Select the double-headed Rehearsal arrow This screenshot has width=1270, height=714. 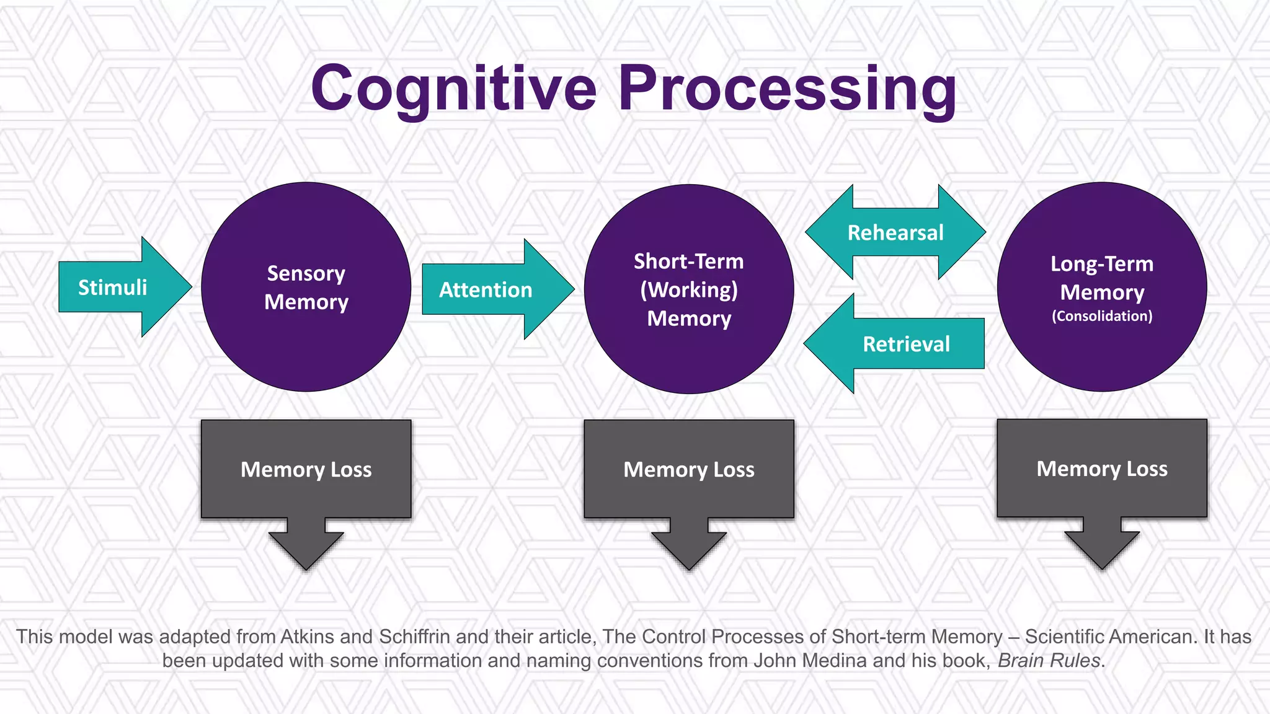(895, 232)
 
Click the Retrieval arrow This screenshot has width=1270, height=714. (905, 344)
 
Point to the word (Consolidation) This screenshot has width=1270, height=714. (1102, 316)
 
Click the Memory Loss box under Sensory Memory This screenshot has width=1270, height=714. (306, 469)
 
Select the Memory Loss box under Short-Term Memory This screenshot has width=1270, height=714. (688, 469)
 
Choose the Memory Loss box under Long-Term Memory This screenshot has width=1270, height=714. (1102, 469)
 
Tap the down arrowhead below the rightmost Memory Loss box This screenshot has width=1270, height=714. (1102, 545)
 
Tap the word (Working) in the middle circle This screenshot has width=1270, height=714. (689, 290)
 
